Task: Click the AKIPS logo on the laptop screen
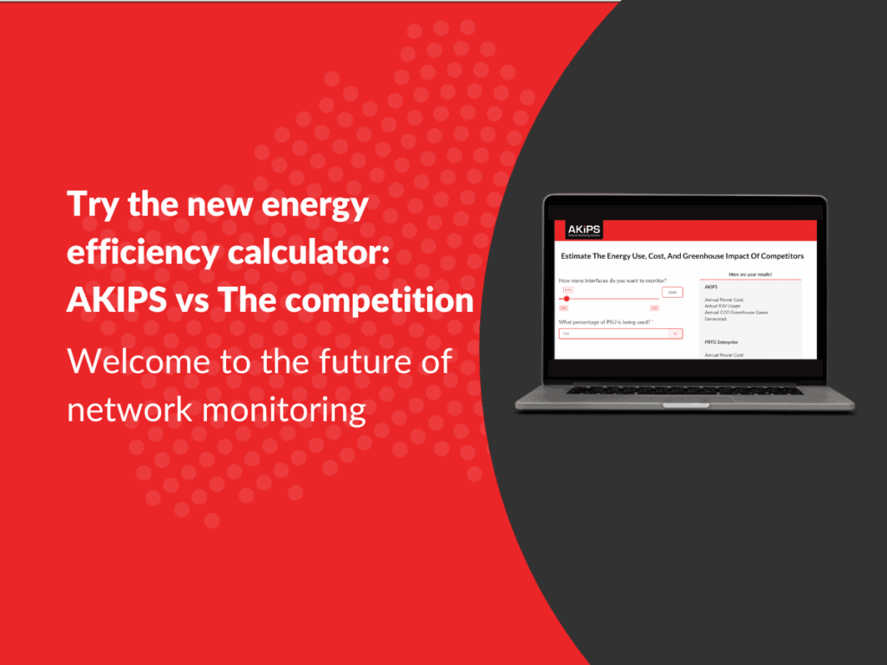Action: point(577,230)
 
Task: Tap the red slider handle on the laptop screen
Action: point(567,299)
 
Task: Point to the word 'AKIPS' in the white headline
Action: point(113,300)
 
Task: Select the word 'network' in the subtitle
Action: point(126,409)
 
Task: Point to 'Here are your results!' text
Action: point(749,274)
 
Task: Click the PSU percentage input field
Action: point(620,333)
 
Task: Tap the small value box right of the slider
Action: point(671,293)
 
